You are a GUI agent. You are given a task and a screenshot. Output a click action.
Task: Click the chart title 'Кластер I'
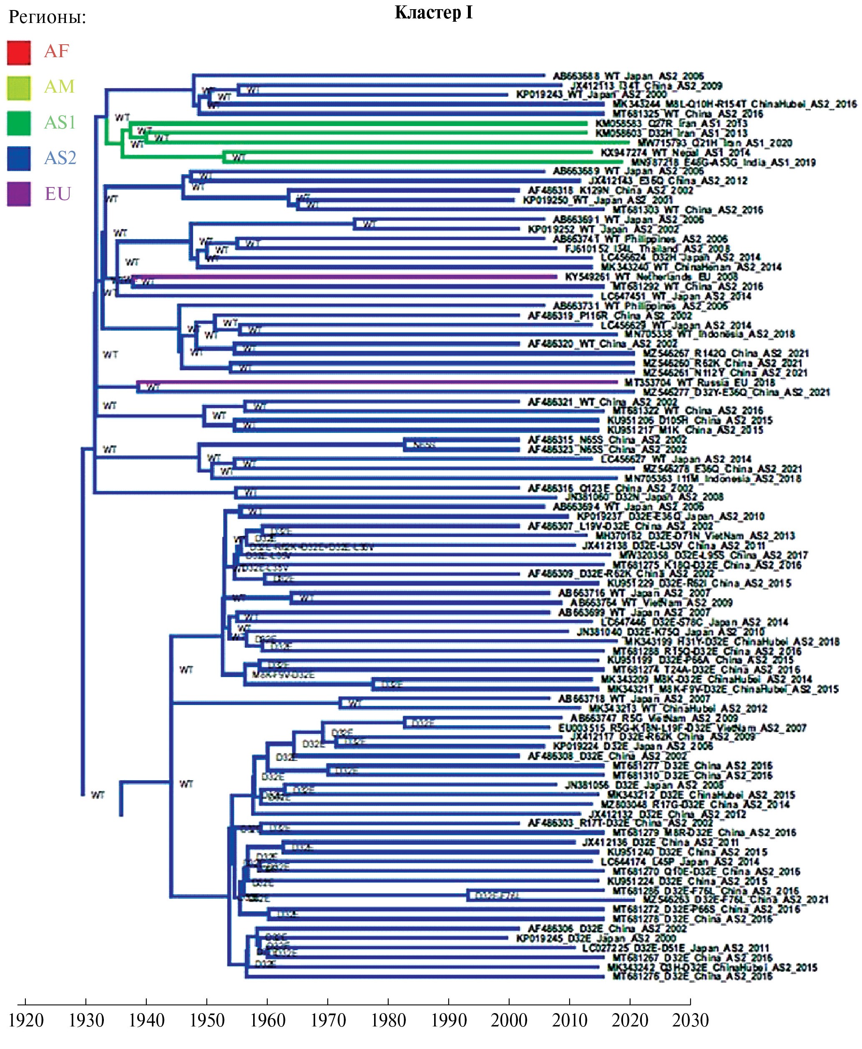(x=433, y=13)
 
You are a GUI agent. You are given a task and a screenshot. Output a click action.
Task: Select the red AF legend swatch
(x=19, y=53)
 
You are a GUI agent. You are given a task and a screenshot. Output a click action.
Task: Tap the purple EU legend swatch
(x=19, y=194)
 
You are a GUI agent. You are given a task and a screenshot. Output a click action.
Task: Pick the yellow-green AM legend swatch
(x=19, y=88)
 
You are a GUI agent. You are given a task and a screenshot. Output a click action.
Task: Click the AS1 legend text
(x=60, y=122)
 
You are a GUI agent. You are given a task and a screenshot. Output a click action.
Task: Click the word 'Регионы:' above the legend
(x=47, y=18)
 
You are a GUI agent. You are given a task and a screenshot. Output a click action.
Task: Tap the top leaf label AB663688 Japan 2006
(x=628, y=76)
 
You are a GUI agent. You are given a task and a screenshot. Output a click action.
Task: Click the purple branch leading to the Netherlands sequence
(x=347, y=277)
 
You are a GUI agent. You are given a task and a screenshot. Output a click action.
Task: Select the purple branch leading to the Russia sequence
(x=377, y=383)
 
